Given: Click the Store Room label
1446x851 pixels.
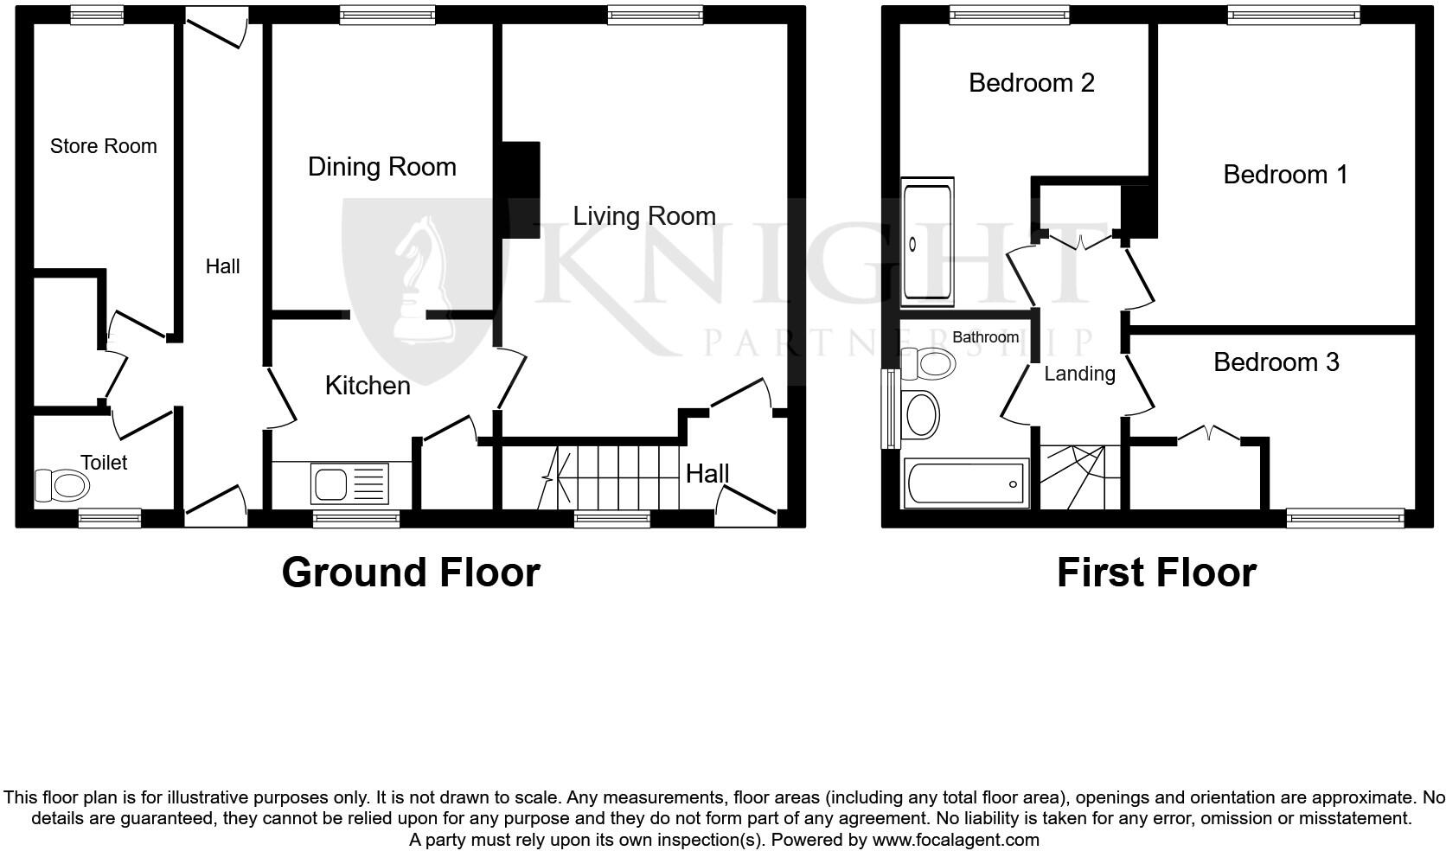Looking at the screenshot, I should (x=104, y=146).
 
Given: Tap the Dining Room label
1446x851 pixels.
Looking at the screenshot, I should (x=381, y=166).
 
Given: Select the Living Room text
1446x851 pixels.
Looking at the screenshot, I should (x=644, y=215).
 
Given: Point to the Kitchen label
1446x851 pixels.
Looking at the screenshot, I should (x=368, y=385).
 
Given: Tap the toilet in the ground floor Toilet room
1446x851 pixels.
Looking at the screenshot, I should (x=61, y=485).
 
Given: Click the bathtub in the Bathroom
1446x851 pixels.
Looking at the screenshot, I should (x=966, y=483).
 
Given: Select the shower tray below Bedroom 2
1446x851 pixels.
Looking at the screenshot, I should (x=926, y=243).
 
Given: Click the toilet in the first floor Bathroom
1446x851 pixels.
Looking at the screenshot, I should (x=928, y=363).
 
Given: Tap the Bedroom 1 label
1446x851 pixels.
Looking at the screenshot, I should (x=1285, y=174).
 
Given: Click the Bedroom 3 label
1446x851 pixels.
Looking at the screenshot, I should (x=1276, y=361).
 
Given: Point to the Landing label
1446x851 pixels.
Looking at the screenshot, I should (x=1079, y=373).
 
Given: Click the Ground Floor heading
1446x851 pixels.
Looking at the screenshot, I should (x=411, y=573).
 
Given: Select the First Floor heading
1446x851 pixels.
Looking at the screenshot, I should (x=1156, y=573).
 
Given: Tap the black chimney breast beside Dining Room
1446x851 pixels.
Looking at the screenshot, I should (x=520, y=189).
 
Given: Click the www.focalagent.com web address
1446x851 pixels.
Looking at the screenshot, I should (x=956, y=839).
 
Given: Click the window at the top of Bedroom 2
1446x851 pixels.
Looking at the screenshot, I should (x=1009, y=13).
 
